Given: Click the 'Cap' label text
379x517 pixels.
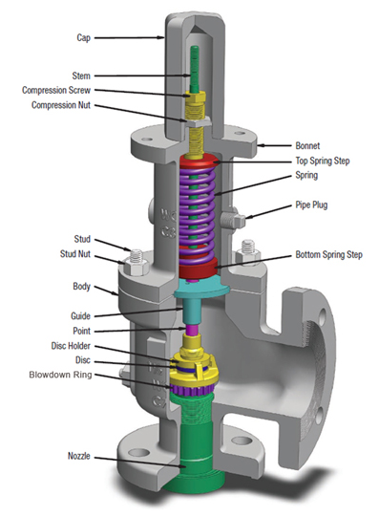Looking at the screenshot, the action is (83, 37).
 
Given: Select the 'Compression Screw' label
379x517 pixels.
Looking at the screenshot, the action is (56, 90).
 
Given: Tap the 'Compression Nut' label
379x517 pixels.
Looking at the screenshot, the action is (61, 105).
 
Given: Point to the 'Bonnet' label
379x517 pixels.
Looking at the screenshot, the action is (307, 145).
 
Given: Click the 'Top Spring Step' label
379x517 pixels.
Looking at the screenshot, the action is (323, 161).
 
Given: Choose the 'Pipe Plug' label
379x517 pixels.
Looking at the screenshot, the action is (311, 205).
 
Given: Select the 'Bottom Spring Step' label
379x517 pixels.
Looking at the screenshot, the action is (328, 254).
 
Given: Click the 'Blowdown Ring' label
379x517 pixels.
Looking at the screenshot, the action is (60, 375).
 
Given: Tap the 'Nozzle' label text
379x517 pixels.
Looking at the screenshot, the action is (78, 456).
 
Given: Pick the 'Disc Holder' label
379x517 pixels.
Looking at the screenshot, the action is (71, 346).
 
